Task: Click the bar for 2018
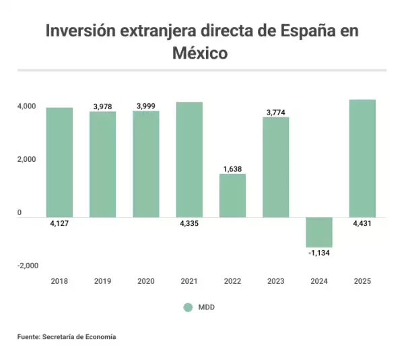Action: (59, 162)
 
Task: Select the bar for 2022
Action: (232, 196)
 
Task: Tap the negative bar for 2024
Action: (319, 232)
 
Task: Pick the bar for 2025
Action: (362, 158)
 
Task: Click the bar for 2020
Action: (145, 164)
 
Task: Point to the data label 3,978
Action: (102, 107)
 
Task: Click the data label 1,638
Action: (232, 169)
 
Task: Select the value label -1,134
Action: (319, 253)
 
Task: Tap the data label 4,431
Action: (362, 223)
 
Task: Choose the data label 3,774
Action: (275, 113)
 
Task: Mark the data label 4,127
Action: (59, 223)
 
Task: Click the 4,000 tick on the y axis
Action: (27, 107)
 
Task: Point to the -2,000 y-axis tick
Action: (28, 266)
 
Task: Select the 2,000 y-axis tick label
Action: (27, 160)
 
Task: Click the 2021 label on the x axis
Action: (189, 281)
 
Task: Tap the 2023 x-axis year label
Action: (275, 281)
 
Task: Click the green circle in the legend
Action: (189, 307)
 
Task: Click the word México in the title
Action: (201, 53)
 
